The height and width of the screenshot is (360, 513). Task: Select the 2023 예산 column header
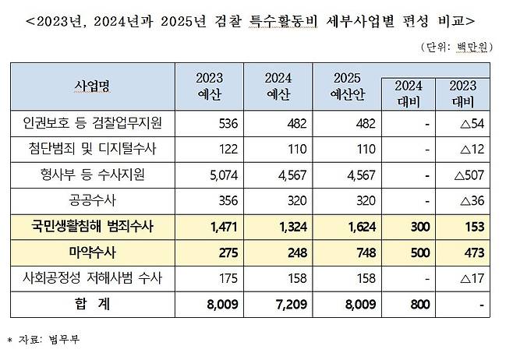209,85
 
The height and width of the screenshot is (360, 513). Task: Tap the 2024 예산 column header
278,85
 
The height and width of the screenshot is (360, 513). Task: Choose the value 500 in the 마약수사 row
416,253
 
